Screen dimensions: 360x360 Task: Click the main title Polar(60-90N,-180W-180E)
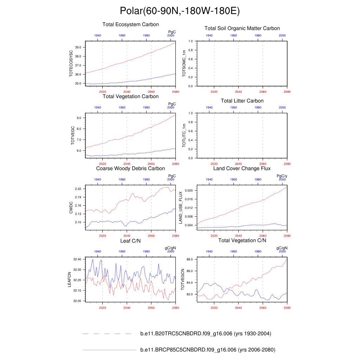(180, 11)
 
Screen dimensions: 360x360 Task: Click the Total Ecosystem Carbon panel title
(130, 25)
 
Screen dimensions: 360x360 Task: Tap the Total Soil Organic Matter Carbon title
(242, 28)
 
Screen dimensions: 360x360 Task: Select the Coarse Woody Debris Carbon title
(130, 169)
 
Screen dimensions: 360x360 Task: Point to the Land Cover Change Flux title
(242, 169)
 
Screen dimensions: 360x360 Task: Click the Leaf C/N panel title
(130, 241)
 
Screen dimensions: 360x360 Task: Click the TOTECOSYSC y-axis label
(71, 64)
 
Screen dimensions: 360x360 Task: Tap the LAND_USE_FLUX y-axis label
(181, 208)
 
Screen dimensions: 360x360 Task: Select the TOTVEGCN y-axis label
(182, 279)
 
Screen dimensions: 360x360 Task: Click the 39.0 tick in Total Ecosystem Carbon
(78, 47)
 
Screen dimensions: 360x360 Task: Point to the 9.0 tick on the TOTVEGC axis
(79, 118)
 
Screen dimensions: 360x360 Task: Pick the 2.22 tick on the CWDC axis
(78, 189)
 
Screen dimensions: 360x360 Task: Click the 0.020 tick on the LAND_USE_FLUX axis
(189, 191)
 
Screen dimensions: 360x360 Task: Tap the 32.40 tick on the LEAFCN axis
(77, 259)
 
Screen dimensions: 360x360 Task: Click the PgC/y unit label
(282, 176)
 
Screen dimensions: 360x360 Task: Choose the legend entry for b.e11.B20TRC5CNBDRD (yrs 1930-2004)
(205, 334)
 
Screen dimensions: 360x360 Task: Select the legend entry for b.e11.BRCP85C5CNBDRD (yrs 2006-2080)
(207, 350)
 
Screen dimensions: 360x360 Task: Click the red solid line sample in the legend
(109, 350)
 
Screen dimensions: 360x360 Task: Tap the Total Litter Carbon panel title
(242, 101)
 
